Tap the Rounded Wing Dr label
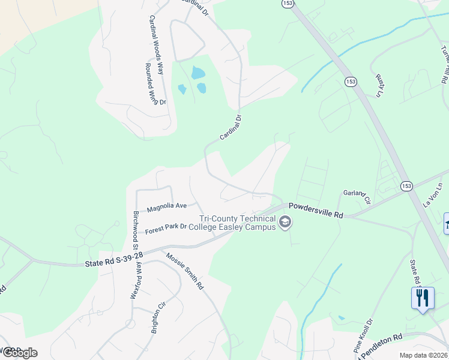coord(155,84)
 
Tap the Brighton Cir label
coord(158,317)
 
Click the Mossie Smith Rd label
coord(185,271)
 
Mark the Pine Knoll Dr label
coord(363,335)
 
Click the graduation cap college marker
coord(285,224)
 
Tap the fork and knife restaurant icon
coord(423,298)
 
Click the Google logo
coord(19,353)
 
